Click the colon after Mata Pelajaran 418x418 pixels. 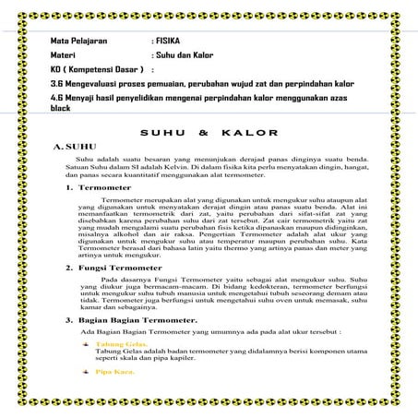pos(151,42)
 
